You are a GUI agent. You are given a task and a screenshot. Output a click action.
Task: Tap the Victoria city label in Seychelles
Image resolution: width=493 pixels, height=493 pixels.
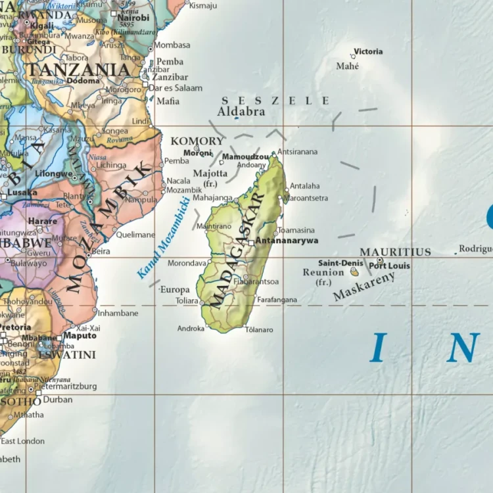(368, 51)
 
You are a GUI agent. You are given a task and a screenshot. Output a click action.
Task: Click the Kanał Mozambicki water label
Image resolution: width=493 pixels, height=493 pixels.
(163, 238)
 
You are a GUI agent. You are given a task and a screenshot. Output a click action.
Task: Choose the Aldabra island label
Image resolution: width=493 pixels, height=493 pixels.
(241, 112)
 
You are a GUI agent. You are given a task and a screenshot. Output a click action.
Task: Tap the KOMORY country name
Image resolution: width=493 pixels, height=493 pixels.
(197, 141)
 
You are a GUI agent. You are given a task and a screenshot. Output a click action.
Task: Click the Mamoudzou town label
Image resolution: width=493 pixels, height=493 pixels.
(245, 157)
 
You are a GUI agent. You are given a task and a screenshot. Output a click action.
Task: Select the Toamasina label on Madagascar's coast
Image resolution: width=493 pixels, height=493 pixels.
(296, 230)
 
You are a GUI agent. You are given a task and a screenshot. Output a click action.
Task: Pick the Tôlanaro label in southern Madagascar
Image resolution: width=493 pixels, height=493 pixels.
(258, 329)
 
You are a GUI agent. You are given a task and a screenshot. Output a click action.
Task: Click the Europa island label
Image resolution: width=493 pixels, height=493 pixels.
(175, 289)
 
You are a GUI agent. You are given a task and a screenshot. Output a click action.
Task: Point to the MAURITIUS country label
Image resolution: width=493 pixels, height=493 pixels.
(395, 252)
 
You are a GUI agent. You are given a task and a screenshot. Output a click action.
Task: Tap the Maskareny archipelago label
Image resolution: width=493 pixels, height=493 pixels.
(364, 287)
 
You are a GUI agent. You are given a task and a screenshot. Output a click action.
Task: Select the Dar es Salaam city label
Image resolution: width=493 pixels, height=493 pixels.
(175, 87)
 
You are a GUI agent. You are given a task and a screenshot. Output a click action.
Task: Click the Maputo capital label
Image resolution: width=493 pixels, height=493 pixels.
(80, 335)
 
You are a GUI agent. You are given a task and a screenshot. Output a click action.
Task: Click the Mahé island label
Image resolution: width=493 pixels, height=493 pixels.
(348, 66)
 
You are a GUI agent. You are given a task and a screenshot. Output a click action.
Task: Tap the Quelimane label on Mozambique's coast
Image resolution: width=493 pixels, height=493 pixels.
(135, 234)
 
